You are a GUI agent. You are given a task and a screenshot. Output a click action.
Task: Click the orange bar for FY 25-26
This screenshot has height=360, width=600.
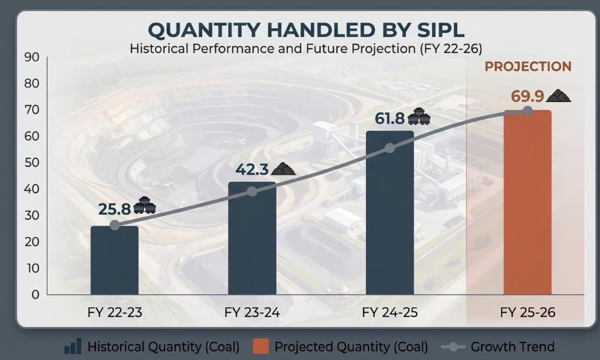coord(527,202)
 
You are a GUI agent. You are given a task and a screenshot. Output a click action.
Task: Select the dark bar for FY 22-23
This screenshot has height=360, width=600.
coord(115,260)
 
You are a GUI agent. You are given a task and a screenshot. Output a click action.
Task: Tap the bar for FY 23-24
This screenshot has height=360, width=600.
coord(252,238)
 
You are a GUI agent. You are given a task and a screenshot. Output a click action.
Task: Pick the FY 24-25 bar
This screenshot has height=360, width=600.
coord(389,213)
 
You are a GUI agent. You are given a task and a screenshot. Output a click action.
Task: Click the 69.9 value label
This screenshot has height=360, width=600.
coord(527,96)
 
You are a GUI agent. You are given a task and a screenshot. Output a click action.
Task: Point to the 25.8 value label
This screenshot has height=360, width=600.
coord(115,209)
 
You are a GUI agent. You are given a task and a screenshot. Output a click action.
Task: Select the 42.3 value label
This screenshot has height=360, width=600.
coord(252,169)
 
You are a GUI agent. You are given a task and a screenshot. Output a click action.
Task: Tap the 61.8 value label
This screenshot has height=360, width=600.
coord(389,119)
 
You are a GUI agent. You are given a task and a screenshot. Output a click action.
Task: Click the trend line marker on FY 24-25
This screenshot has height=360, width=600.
coord(389,148)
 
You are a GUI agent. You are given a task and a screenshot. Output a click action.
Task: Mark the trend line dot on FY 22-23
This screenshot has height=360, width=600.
coord(115,225)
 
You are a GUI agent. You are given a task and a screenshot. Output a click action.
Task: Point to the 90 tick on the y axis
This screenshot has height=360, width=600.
coord(32,57)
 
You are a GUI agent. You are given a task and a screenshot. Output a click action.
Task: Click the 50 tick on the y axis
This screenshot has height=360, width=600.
coord(32,163)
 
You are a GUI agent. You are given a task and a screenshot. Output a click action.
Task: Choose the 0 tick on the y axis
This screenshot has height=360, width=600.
coord(35,295)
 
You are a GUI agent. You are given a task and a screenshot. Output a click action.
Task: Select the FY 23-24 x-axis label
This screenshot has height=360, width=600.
coord(252,313)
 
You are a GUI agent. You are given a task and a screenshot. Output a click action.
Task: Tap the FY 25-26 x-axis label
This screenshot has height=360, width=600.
coord(527,313)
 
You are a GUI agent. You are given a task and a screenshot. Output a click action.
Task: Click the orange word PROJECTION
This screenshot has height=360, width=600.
coord(528,67)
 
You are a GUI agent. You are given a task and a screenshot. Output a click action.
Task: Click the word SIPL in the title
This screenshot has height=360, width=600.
coord(441,30)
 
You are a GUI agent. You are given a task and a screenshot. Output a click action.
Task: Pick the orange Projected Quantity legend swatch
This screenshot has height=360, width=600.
coord(260,346)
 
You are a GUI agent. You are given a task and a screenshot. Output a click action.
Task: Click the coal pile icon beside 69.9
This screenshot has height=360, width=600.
coord(558,95)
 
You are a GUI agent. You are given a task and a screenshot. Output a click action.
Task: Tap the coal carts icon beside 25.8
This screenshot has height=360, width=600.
coord(145,205)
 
